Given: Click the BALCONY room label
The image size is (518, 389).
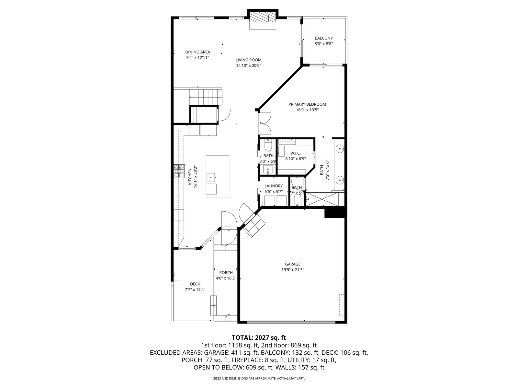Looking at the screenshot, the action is click(x=323, y=38).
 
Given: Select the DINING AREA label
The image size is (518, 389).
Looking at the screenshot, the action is click(x=197, y=52).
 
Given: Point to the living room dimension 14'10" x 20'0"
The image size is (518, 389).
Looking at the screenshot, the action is click(x=249, y=66).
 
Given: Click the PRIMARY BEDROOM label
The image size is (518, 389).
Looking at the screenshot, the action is click(x=307, y=104).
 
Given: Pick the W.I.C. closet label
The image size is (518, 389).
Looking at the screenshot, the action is click(x=296, y=153).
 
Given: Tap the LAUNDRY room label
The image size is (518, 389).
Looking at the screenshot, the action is click(x=274, y=186).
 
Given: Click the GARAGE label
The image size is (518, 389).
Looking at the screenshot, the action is click(x=293, y=264).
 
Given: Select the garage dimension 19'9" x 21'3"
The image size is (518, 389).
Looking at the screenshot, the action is click(x=293, y=270).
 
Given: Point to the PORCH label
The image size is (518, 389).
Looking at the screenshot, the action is click(x=226, y=273).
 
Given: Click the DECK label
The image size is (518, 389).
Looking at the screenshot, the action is click(x=195, y=284).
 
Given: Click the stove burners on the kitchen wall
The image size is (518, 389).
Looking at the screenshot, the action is click(x=179, y=171).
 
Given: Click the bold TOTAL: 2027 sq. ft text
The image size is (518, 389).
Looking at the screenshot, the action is click(x=259, y=338).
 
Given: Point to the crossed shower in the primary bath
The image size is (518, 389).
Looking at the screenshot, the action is click(x=322, y=199).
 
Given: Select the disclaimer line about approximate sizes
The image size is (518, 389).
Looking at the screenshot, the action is click(x=259, y=378).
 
